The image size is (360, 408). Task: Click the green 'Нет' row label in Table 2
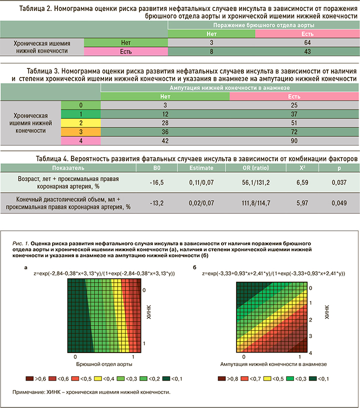125,43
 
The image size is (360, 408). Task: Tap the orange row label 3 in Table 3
80,132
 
